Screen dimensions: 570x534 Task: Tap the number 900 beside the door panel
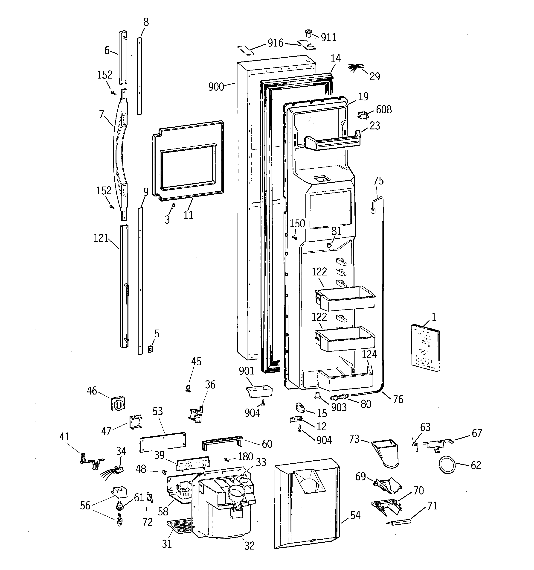click(216, 86)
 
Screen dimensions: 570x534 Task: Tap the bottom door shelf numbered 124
click(346, 380)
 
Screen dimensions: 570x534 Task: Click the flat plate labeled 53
click(163, 442)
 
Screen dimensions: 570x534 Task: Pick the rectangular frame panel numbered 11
click(188, 161)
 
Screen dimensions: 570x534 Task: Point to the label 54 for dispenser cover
click(355, 515)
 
